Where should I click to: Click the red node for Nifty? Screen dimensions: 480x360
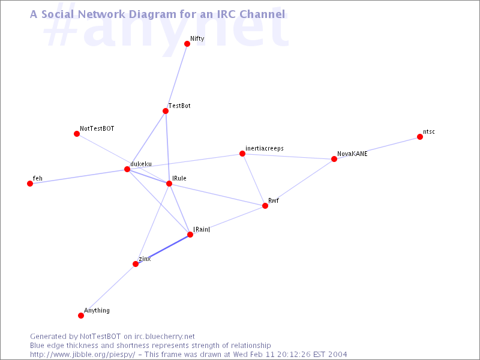pyautogui.click(x=187, y=44)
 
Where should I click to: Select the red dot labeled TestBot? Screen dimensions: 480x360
pyautogui.click(x=166, y=111)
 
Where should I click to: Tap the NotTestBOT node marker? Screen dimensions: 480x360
pyautogui.click(x=77, y=134)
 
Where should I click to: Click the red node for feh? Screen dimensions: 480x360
pyautogui.click(x=29, y=184)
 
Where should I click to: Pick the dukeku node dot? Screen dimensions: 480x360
pyautogui.click(x=127, y=169)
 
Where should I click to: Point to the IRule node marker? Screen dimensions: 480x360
pyautogui.click(x=169, y=184)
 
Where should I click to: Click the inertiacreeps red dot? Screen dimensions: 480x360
pyautogui.click(x=242, y=154)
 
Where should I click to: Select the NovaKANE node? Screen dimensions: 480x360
pyautogui.click(x=334, y=159)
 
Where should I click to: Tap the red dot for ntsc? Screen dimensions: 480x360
pyautogui.click(x=419, y=137)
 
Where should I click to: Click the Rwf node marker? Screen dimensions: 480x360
pyautogui.click(x=265, y=206)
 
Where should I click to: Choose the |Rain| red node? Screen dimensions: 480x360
pyautogui.click(x=190, y=235)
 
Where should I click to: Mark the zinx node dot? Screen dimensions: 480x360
pyautogui.click(x=136, y=264)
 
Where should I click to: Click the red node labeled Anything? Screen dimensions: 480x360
pyautogui.click(x=81, y=316)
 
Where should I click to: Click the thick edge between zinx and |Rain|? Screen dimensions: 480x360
pyautogui.click(x=163, y=249)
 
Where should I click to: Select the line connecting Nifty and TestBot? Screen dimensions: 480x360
pyautogui.click(x=176, y=77)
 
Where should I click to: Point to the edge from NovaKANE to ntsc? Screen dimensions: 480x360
pyautogui.click(x=377, y=148)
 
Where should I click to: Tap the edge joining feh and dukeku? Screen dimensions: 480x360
pyautogui.click(x=79, y=176)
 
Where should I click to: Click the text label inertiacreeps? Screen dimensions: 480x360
pyautogui.click(x=265, y=148)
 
